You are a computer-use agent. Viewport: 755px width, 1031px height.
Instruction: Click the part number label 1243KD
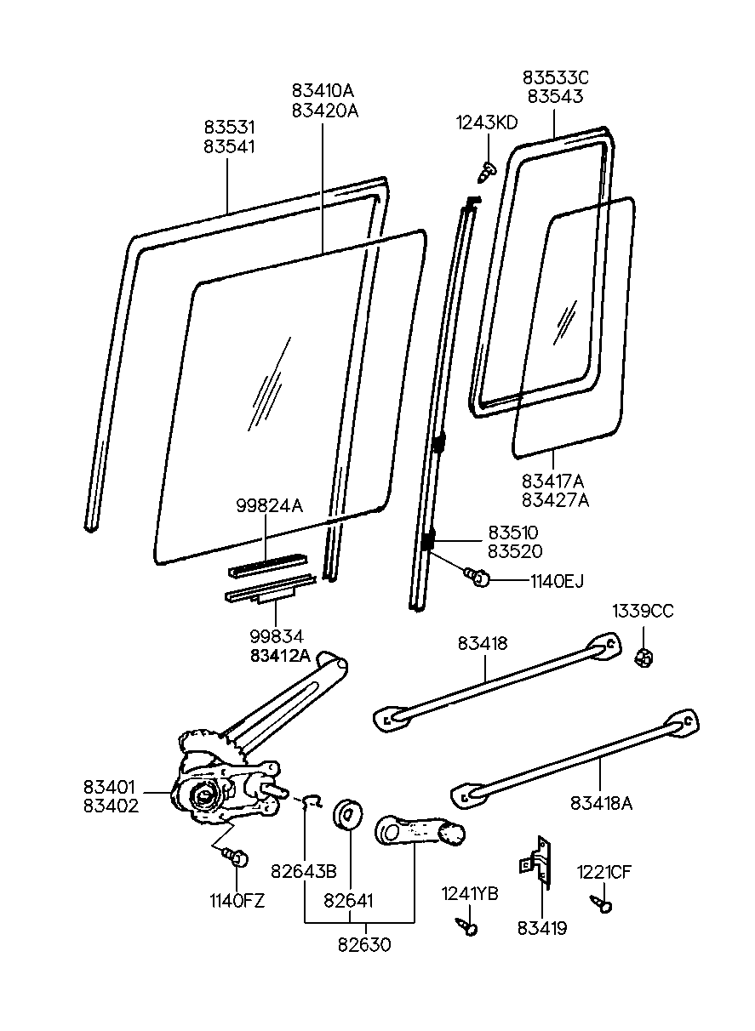486,122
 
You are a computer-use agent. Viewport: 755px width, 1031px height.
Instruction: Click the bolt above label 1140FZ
237,856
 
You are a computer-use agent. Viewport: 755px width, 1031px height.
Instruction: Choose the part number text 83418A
601,802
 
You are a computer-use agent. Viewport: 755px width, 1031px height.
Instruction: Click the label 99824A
269,505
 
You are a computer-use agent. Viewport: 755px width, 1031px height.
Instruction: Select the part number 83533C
555,77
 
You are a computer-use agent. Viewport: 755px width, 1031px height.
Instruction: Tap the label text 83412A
280,655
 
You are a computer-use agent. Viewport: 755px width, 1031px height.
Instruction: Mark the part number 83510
512,533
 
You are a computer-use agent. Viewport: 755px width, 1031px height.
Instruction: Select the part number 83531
229,127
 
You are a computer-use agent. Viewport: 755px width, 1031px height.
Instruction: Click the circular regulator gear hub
204,798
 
